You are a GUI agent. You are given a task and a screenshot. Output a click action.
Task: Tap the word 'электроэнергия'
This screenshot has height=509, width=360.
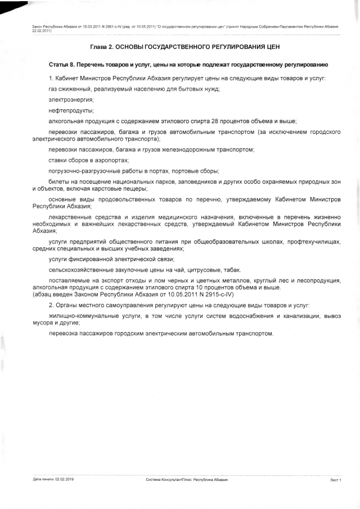(71, 99)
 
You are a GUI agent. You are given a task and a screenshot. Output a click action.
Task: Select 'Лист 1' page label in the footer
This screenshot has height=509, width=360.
(336, 479)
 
